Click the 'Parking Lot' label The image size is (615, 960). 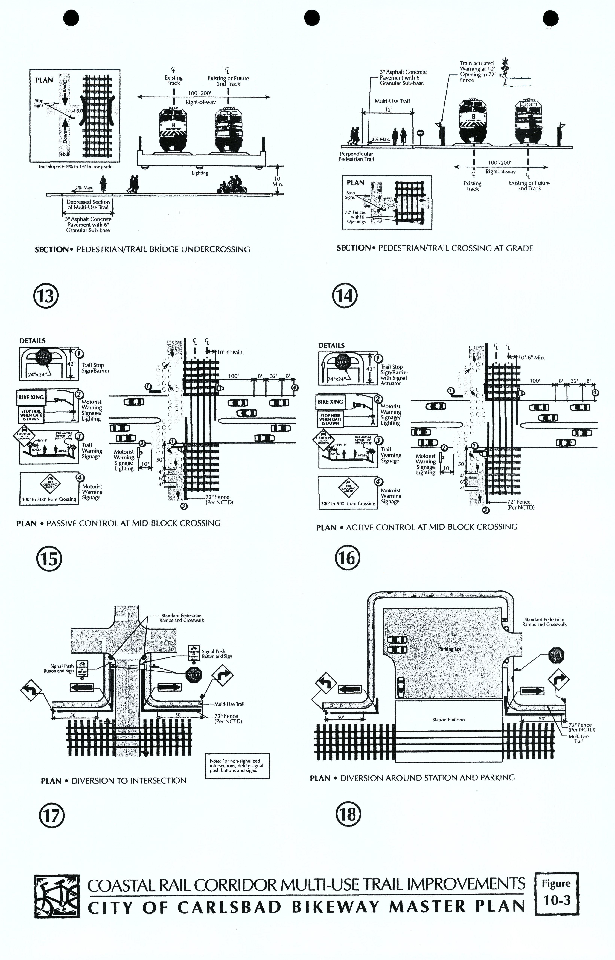[x=449, y=649]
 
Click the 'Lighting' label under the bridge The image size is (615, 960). [x=200, y=173]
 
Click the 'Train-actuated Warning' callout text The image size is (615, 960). [x=477, y=71]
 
